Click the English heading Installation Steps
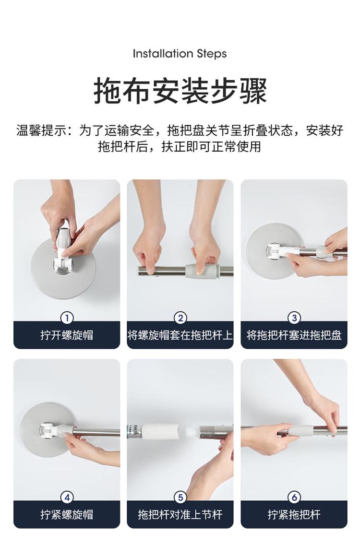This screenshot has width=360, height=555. coord(180,54)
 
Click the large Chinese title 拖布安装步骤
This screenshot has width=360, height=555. coord(180,91)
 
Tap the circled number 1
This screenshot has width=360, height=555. coord(67,318)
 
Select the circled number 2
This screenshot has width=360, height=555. coord(180,318)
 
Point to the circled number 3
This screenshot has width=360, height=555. coord(294,318)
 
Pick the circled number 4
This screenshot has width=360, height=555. coord(67,497)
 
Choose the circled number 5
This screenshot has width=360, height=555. coord(180,497)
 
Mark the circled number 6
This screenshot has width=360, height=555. coord(294,497)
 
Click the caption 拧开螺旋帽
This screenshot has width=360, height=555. coord(67,335)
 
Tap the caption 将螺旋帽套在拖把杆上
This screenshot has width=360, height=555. coord(180,335)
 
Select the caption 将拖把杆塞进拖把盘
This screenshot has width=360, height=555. coord(294,335)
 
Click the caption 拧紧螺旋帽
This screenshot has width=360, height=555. coord(67,514)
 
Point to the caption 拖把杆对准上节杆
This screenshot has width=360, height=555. coord(180,514)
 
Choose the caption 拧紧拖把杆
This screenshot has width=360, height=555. coord(294,514)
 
